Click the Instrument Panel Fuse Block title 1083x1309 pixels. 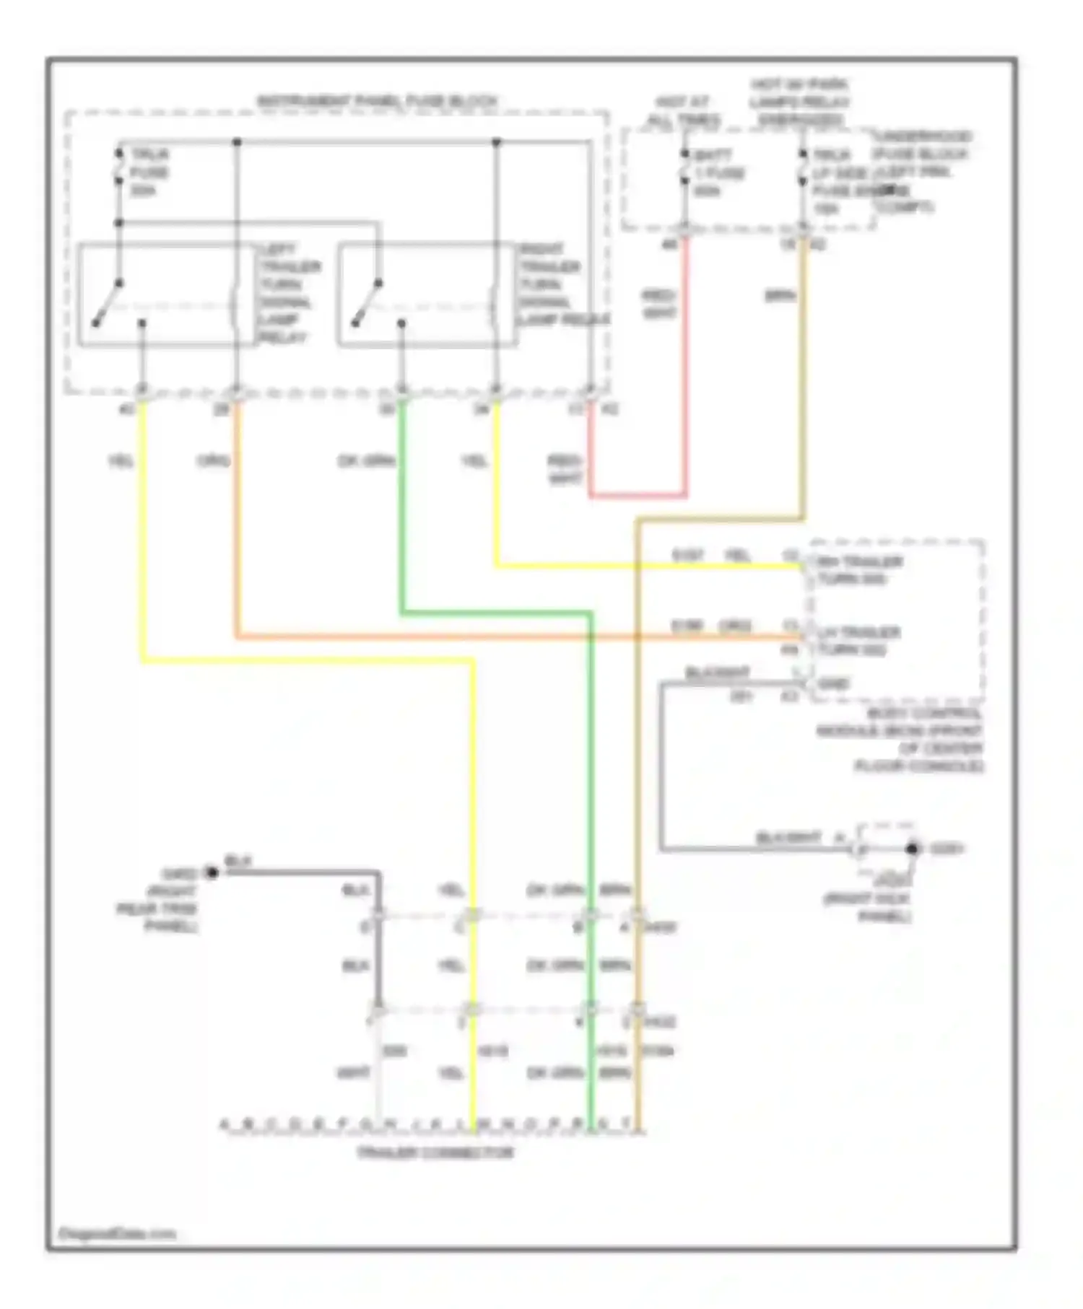[x=377, y=101]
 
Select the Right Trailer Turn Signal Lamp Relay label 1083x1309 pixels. [x=563, y=285]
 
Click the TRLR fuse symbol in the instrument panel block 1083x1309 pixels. [x=119, y=172]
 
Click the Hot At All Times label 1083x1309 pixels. [x=682, y=111]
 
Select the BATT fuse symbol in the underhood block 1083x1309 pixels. [x=684, y=173]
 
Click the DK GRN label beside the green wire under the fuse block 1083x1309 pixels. [x=366, y=460]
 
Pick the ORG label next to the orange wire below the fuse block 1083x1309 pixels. [x=213, y=460]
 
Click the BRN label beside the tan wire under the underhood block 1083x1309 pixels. [x=780, y=296]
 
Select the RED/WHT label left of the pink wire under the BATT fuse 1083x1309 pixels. [x=658, y=304]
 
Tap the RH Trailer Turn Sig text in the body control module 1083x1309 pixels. [x=859, y=570]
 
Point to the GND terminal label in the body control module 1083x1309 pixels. [x=834, y=683]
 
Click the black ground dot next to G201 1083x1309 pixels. [x=913, y=849]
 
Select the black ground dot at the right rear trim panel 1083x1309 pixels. [x=212, y=873]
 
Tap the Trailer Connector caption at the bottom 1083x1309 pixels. [x=435, y=1152]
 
